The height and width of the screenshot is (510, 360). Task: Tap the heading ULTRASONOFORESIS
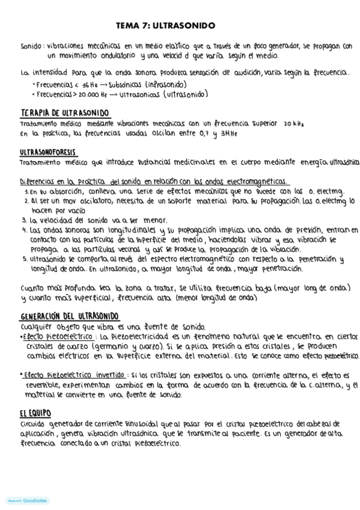coord(47,153)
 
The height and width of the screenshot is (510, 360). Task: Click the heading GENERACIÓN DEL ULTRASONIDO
coord(69,316)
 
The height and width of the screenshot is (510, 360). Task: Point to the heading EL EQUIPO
coord(35,413)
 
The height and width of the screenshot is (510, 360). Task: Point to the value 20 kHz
coord(292,123)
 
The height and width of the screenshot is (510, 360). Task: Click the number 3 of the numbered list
coord(23,220)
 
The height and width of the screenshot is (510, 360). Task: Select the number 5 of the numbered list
coord(23,259)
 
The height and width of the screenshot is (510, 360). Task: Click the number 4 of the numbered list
coord(23,230)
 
